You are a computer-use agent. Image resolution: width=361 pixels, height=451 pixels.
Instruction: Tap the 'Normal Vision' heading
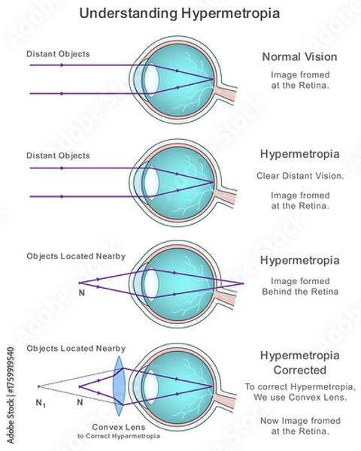299,56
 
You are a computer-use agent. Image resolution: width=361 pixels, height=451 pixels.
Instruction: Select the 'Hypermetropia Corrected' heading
299,362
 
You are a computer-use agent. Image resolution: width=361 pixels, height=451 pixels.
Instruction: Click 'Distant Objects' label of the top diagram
58,53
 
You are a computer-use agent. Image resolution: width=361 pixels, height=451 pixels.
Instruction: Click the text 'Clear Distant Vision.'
299,176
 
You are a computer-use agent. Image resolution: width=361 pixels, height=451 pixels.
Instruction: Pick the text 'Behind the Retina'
299,291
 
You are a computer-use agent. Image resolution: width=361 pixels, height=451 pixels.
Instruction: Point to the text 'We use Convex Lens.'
299,398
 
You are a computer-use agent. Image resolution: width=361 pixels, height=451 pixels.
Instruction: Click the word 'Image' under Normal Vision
285,76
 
